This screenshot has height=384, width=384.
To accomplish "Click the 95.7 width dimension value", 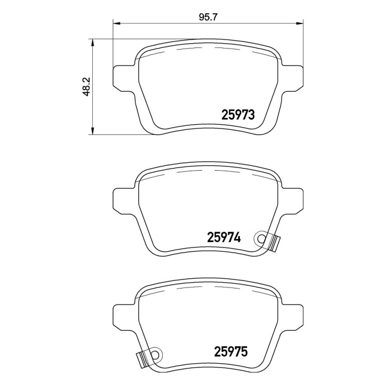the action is coord(208,18).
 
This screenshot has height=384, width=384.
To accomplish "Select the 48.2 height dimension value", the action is coord(87,86).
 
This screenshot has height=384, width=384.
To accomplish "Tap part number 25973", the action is coord(238,115).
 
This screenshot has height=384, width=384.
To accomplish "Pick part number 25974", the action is coord(224,237).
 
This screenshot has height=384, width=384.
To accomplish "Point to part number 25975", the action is coord(231,351).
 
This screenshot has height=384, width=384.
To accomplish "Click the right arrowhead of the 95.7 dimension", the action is coord(299,23).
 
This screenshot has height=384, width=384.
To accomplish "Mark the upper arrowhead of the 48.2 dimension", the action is coord(92,43).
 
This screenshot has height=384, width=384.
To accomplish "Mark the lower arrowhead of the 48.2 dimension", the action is coord(92,130).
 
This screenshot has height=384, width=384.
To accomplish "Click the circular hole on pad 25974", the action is coord(261,238).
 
